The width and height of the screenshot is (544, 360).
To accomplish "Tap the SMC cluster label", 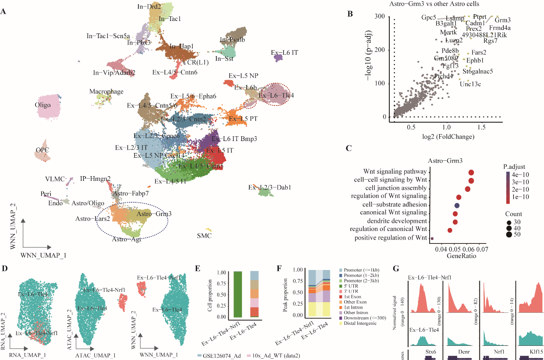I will (204, 236).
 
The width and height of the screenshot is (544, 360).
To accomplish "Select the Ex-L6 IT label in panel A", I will (284, 53).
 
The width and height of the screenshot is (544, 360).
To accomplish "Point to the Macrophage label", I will (106, 92).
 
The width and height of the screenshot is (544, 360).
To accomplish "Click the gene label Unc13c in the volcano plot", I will (470, 84).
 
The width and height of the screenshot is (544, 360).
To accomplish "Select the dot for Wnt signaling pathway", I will (471, 172).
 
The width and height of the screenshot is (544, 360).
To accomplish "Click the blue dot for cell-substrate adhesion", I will (457, 205).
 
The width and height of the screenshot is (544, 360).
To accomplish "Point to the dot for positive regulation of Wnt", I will (432, 238).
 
